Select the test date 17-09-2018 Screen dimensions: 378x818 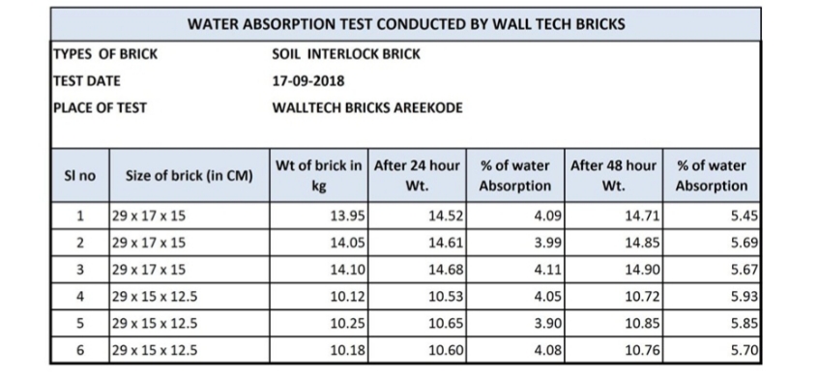(x=309, y=81)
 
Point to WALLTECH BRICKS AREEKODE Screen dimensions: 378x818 (x=367, y=107)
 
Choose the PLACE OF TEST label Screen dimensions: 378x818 (x=99, y=107)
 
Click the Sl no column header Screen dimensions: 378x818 (x=79, y=176)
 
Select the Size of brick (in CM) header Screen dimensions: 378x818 (x=189, y=176)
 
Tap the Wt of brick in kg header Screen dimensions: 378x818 (x=319, y=175)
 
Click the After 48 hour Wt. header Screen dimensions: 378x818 (x=613, y=175)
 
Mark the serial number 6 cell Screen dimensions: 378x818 (x=79, y=350)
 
